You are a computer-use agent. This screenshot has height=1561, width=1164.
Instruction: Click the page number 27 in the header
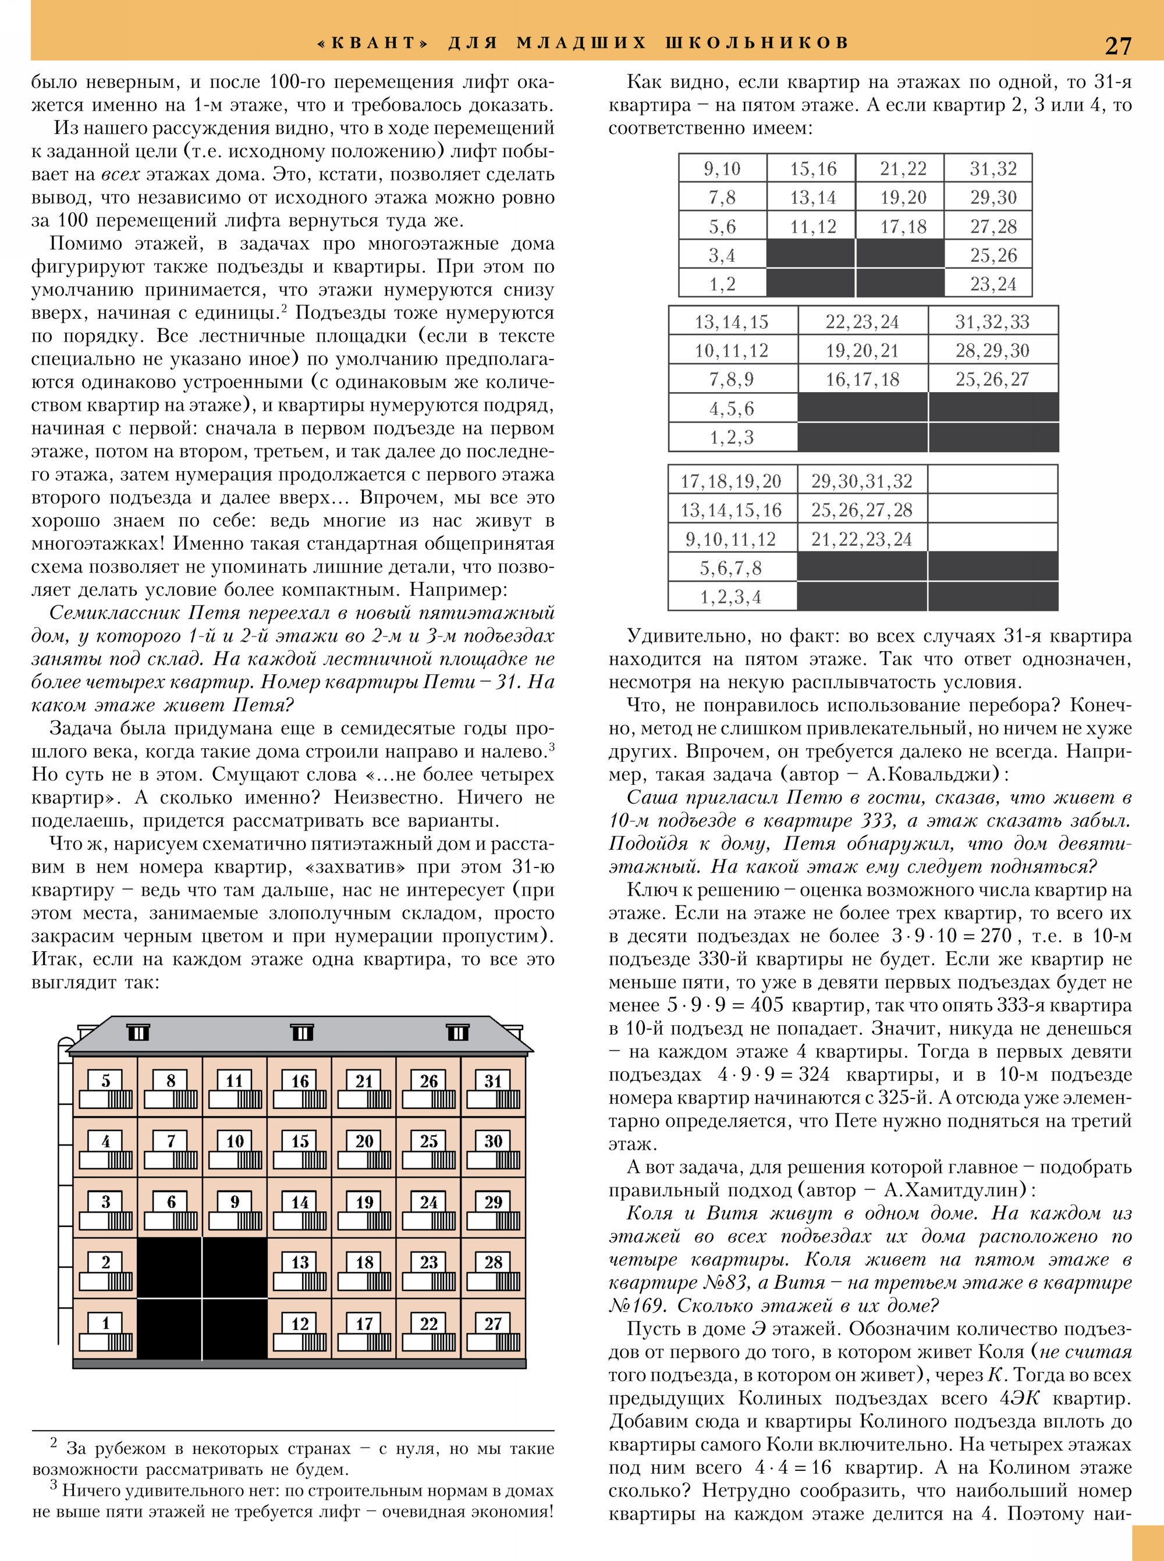coord(1117,45)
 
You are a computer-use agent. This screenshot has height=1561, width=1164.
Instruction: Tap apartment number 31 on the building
coord(493,1081)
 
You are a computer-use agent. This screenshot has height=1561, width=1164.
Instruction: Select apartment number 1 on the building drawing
coord(106,1324)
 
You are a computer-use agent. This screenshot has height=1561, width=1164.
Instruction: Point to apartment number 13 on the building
coord(300,1263)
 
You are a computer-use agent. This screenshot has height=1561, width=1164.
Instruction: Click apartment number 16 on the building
coord(300,1081)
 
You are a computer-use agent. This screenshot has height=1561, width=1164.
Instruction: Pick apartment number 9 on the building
coord(235,1202)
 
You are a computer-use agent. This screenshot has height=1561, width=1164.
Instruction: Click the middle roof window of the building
coord(301,1033)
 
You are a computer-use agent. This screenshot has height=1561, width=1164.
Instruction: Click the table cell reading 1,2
coord(722,284)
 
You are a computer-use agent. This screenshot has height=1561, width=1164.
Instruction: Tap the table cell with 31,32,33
coord(992,322)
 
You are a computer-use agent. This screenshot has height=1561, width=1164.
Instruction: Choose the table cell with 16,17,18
coord(863,380)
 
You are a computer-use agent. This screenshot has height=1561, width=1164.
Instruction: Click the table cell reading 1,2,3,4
coord(730,598)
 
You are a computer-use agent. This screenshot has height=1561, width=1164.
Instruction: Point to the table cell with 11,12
coord(812,227)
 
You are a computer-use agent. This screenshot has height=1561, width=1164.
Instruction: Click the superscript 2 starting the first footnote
coord(54,1443)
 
